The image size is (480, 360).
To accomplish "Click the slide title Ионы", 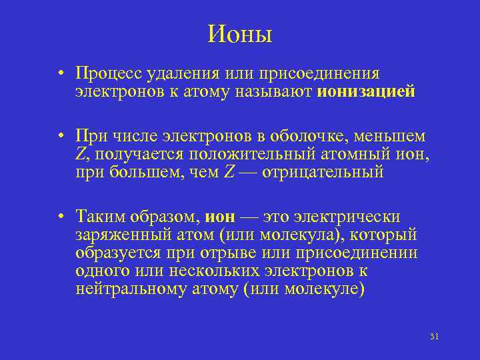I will (240, 33).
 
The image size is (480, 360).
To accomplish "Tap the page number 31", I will (434, 336).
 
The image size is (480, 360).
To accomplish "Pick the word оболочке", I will (311, 136).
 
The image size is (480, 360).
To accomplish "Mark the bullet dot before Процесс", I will (60, 73).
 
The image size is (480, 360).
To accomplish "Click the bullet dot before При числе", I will (60, 137).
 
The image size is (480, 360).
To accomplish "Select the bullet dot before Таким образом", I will (60, 217).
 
